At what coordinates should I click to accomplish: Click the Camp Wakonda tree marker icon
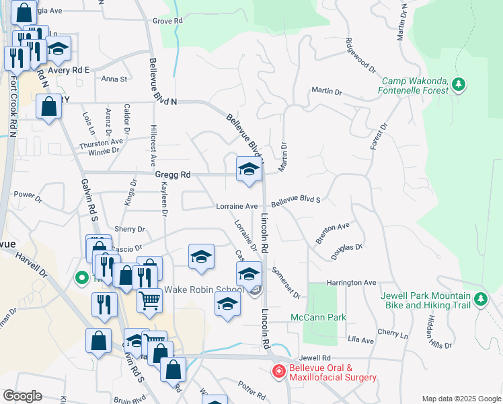point(459,85)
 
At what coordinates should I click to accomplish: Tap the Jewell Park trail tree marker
point(480,299)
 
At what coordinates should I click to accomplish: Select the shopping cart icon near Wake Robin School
point(149,300)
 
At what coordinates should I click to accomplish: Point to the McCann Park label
point(317,317)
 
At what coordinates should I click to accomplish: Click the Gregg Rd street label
point(173,174)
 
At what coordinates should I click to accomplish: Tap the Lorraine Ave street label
point(237,206)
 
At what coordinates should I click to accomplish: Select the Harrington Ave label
point(351,283)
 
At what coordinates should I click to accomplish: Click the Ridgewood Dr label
point(360,55)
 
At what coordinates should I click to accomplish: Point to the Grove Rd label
point(167,22)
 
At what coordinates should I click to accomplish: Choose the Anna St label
point(114,79)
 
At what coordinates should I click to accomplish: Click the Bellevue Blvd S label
point(296,201)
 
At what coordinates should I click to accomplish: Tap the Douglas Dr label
point(347,251)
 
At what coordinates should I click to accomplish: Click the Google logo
point(22,396)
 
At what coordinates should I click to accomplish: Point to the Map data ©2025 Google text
point(461,399)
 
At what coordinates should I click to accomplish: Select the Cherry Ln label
point(393,334)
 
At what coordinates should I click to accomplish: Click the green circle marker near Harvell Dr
point(81,277)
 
